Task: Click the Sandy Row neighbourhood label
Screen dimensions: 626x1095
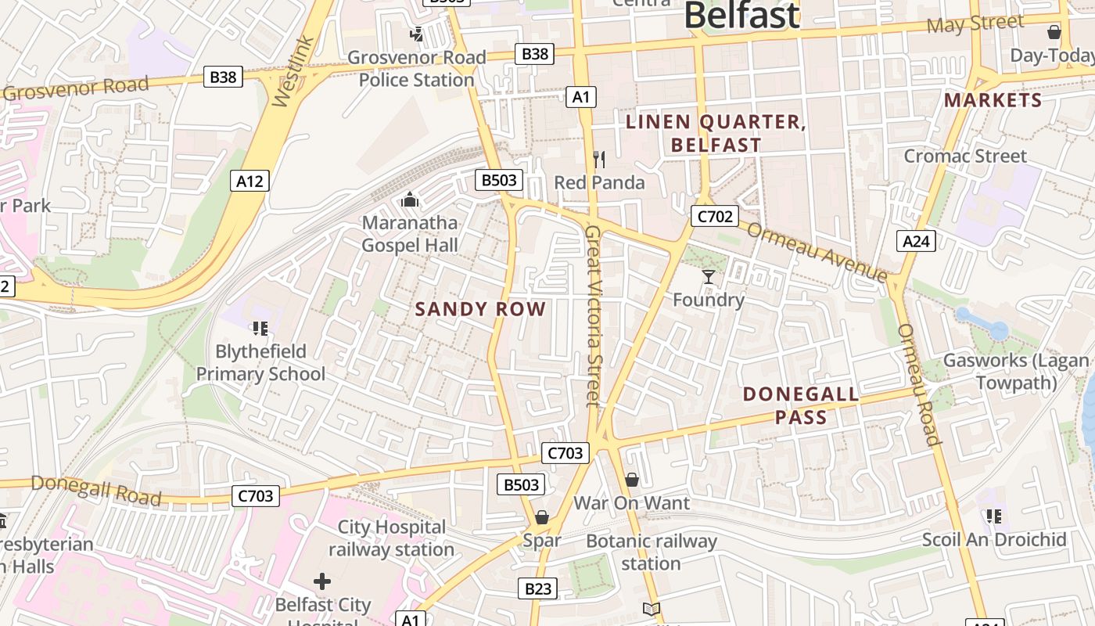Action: tap(480, 309)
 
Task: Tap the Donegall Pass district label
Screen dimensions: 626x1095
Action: tap(801, 405)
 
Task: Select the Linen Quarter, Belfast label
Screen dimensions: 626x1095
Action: tap(716, 133)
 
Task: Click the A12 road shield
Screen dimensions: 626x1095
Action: tap(250, 182)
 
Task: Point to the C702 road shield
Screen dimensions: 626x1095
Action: tap(715, 217)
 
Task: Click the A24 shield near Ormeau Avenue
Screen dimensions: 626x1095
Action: tap(916, 241)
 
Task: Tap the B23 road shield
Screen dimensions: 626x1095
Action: tap(538, 589)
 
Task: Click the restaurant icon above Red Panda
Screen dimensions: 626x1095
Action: tap(599, 160)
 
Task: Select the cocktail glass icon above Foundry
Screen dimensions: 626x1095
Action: tap(709, 276)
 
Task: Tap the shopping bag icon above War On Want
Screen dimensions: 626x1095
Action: tap(632, 480)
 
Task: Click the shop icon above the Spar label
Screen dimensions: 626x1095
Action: tap(542, 517)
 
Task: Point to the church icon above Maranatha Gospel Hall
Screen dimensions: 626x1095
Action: tap(410, 200)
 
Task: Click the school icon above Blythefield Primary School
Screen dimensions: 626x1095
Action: tap(260, 329)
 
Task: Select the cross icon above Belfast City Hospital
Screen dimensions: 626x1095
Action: tap(322, 581)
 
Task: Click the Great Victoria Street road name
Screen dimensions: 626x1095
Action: tap(593, 316)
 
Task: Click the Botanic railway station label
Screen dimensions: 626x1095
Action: tap(651, 552)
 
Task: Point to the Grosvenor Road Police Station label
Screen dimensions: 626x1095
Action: tap(417, 68)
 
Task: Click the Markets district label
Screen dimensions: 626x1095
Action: tap(993, 100)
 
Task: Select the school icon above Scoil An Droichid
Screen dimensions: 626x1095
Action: tap(994, 516)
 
